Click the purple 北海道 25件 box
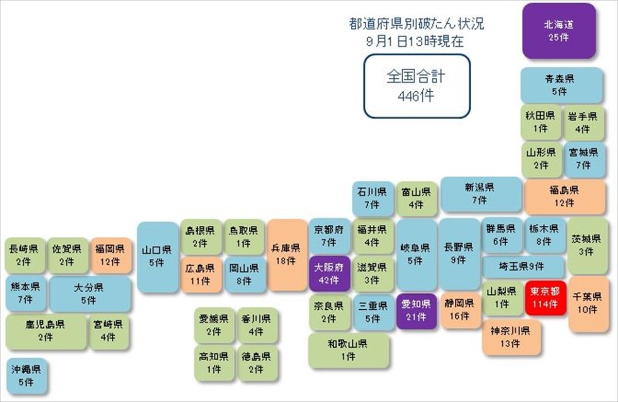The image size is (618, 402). (559, 31)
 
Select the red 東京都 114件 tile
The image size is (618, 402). (545, 298)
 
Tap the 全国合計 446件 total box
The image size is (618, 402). (417, 86)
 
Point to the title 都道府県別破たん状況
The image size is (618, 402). (416, 24)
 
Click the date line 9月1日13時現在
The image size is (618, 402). (415, 42)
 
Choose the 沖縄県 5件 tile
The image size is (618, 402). (26, 376)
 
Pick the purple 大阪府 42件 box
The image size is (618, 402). (330, 274)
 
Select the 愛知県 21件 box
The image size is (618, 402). (417, 311)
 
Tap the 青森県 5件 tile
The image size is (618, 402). (561, 86)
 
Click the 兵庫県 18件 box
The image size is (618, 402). (287, 255)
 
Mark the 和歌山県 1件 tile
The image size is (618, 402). (349, 350)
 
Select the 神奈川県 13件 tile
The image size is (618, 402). (511, 338)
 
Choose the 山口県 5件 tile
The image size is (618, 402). (158, 257)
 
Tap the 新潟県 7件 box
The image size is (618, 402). (481, 194)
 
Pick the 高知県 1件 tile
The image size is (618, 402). (214, 363)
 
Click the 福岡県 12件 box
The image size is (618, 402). (111, 256)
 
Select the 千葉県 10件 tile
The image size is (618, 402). (588, 304)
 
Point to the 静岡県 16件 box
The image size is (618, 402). (460, 310)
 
